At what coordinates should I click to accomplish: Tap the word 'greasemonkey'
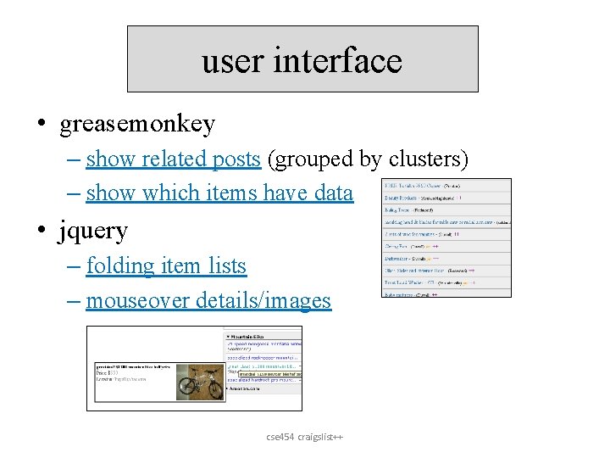click(137, 124)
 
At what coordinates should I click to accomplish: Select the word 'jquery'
click(93, 230)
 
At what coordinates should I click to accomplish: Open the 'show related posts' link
click(173, 159)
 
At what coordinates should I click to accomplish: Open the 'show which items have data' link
click(219, 193)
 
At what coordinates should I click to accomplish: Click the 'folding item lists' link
click(166, 265)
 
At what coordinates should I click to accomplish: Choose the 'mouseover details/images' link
click(208, 300)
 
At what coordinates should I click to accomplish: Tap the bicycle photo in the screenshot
click(200, 383)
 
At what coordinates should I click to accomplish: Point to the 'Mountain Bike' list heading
click(251, 337)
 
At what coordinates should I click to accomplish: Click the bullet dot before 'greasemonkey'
click(42, 125)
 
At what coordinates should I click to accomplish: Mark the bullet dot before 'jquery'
click(42, 231)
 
